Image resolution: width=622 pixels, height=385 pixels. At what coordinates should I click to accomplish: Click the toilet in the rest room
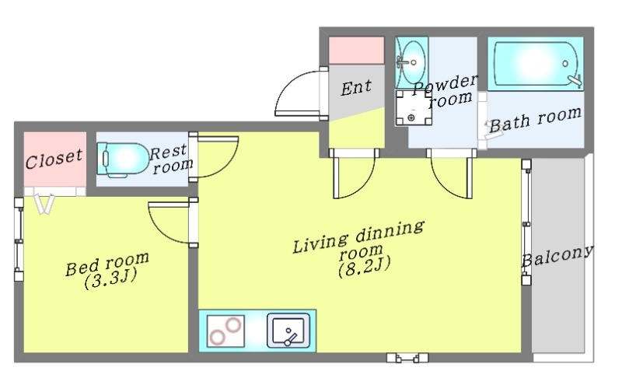point(122,159)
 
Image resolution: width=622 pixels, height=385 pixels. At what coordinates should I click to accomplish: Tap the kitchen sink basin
point(288,331)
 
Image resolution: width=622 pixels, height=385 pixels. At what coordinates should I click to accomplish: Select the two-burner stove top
point(225,331)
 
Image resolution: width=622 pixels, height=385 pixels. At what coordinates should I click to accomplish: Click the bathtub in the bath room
point(536,64)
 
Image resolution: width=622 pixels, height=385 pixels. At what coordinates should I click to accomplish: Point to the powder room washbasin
point(412,63)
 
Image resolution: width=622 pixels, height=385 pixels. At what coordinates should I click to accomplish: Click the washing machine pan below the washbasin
point(414,108)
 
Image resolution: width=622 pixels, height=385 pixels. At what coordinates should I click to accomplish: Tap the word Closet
point(54,159)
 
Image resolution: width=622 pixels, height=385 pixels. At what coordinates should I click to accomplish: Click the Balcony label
point(557,256)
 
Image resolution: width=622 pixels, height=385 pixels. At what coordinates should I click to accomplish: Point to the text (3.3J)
point(110,279)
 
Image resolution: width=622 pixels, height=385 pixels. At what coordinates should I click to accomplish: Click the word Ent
point(356,87)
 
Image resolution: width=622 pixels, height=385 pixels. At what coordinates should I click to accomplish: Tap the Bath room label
point(536,120)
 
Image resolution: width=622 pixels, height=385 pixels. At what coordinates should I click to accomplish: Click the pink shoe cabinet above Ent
point(357,50)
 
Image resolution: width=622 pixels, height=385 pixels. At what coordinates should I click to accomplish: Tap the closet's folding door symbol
point(45,204)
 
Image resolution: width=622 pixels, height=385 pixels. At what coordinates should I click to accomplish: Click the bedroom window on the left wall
point(19,240)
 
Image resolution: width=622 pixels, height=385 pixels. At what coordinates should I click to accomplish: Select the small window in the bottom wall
point(407,358)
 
